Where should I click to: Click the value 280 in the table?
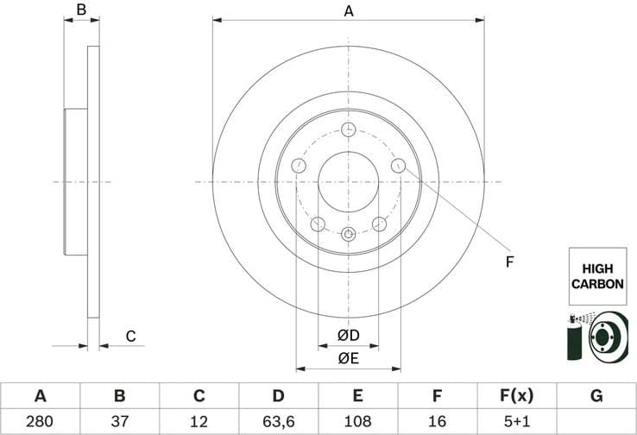pyautogui.click(x=40, y=422)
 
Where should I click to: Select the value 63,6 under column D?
pyautogui.click(x=278, y=422)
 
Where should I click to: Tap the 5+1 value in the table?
pyautogui.click(x=517, y=422)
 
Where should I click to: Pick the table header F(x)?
pyautogui.click(x=517, y=396)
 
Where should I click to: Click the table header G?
pyautogui.click(x=596, y=396)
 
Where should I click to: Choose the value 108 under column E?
pyautogui.click(x=358, y=422)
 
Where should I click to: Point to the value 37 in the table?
pyautogui.click(x=120, y=422)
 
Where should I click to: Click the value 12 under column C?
pyautogui.click(x=199, y=422)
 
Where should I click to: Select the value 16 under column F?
pyautogui.click(x=437, y=422)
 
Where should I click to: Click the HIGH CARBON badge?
pyautogui.click(x=596, y=276)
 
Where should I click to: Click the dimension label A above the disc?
pyautogui.click(x=349, y=11)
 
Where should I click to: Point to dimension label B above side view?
pyautogui.click(x=81, y=10)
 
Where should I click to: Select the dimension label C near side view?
pyautogui.click(x=131, y=336)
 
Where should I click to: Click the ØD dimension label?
pyautogui.click(x=348, y=334)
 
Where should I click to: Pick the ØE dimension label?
pyautogui.click(x=348, y=358)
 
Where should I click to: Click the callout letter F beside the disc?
pyautogui.click(x=509, y=262)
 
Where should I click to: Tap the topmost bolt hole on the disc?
pyautogui.click(x=348, y=129)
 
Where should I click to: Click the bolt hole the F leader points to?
pyautogui.click(x=398, y=165)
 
